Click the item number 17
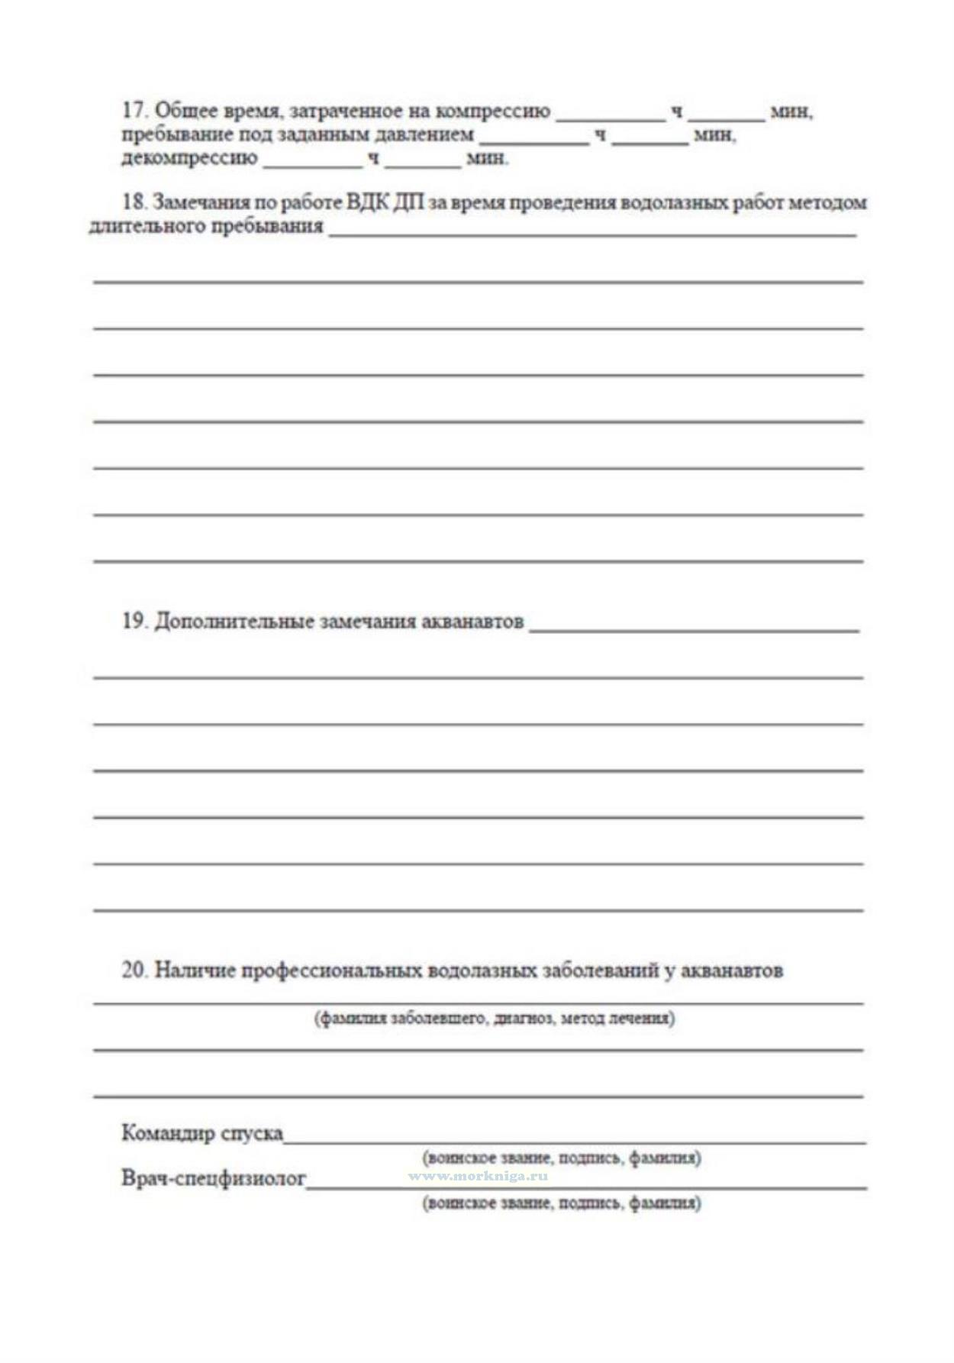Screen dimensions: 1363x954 (x=134, y=111)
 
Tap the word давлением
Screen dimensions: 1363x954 (x=424, y=135)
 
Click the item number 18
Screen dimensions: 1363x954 (x=134, y=202)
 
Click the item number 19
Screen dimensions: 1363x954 (x=134, y=621)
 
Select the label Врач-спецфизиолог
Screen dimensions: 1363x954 (x=214, y=1178)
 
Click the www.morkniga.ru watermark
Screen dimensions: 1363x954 (x=478, y=1177)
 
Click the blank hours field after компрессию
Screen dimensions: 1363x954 (x=611, y=115)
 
